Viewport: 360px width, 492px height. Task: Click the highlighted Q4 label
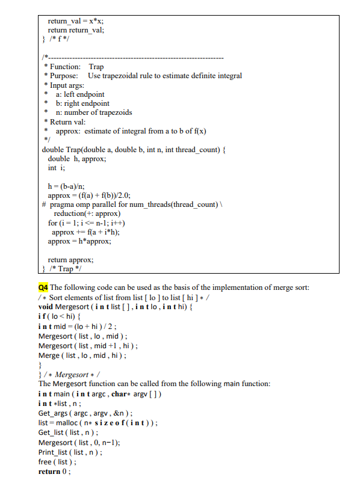click(43, 286)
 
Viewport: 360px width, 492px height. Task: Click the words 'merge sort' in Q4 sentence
click(292, 286)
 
